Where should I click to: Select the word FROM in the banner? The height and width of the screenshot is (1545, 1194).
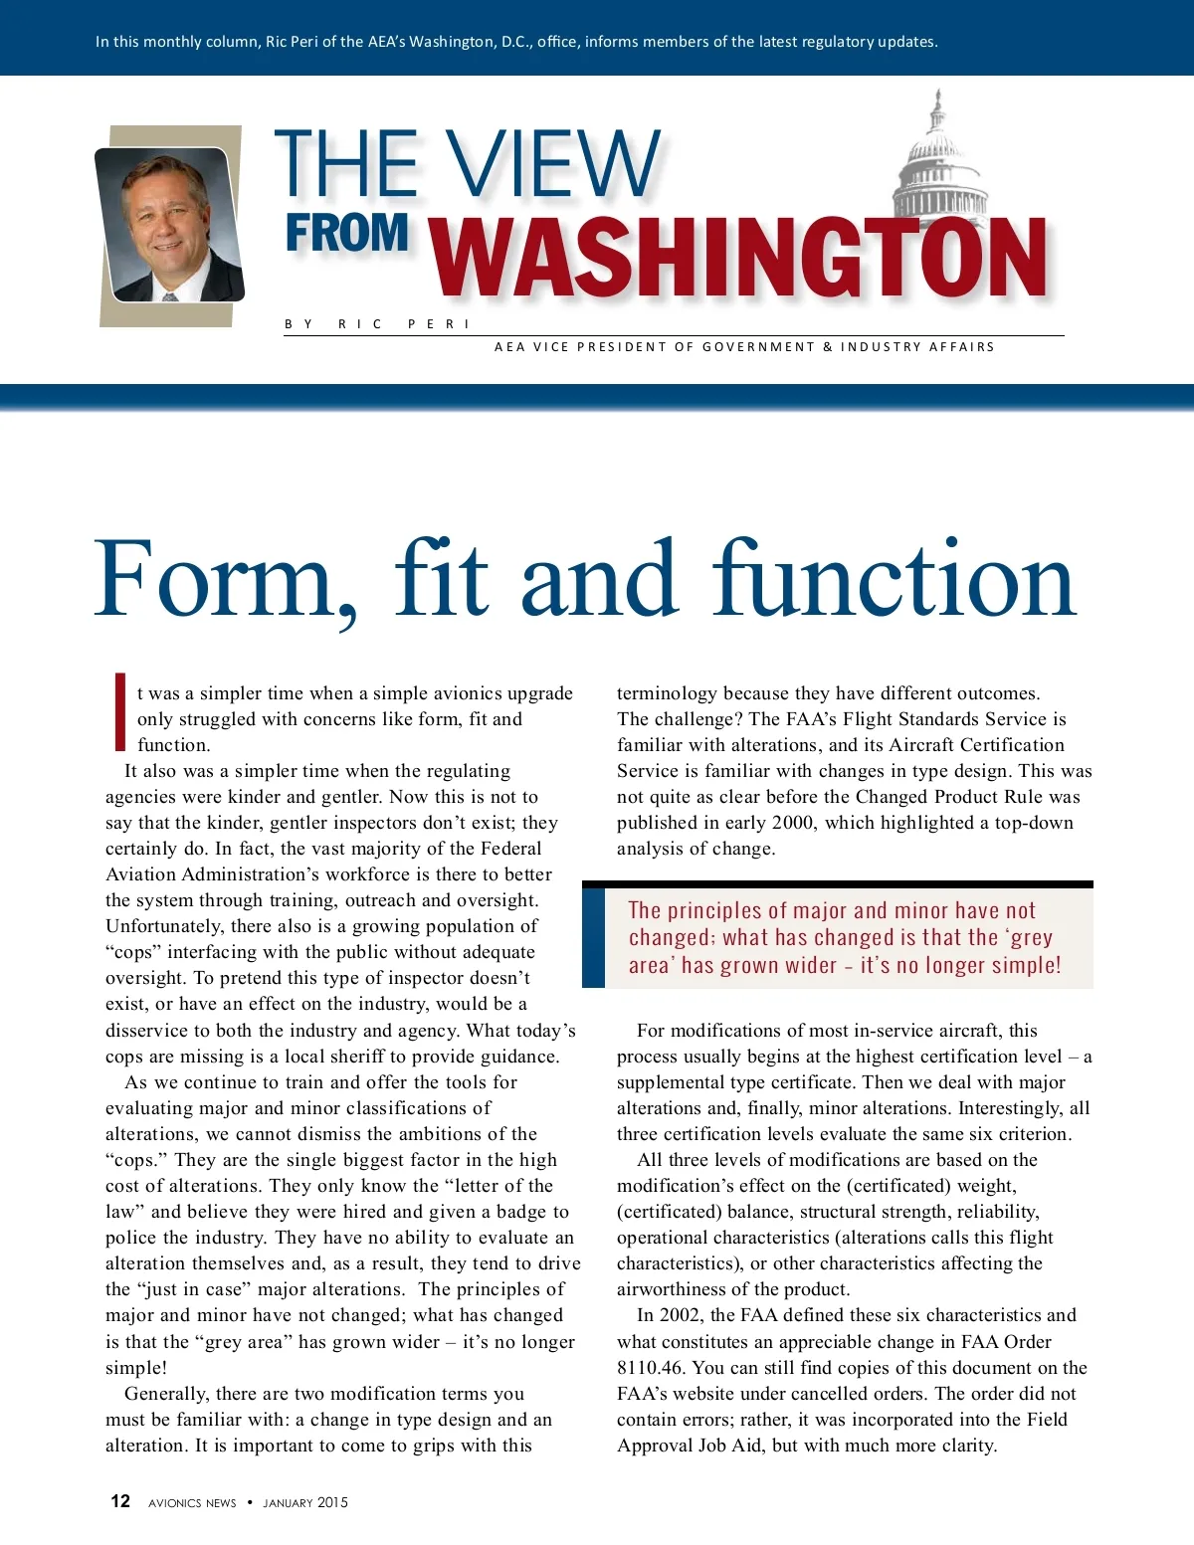pos(347,234)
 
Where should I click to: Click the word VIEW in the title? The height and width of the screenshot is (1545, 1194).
pos(552,163)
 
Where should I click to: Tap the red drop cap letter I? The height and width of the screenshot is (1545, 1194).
pos(119,711)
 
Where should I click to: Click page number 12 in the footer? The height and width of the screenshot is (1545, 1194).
pos(120,1501)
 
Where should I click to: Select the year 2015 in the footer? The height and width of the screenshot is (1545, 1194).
pos(332,1502)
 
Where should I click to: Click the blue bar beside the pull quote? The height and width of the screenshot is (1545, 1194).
pos(593,937)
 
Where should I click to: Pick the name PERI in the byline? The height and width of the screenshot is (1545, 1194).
pos(438,324)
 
